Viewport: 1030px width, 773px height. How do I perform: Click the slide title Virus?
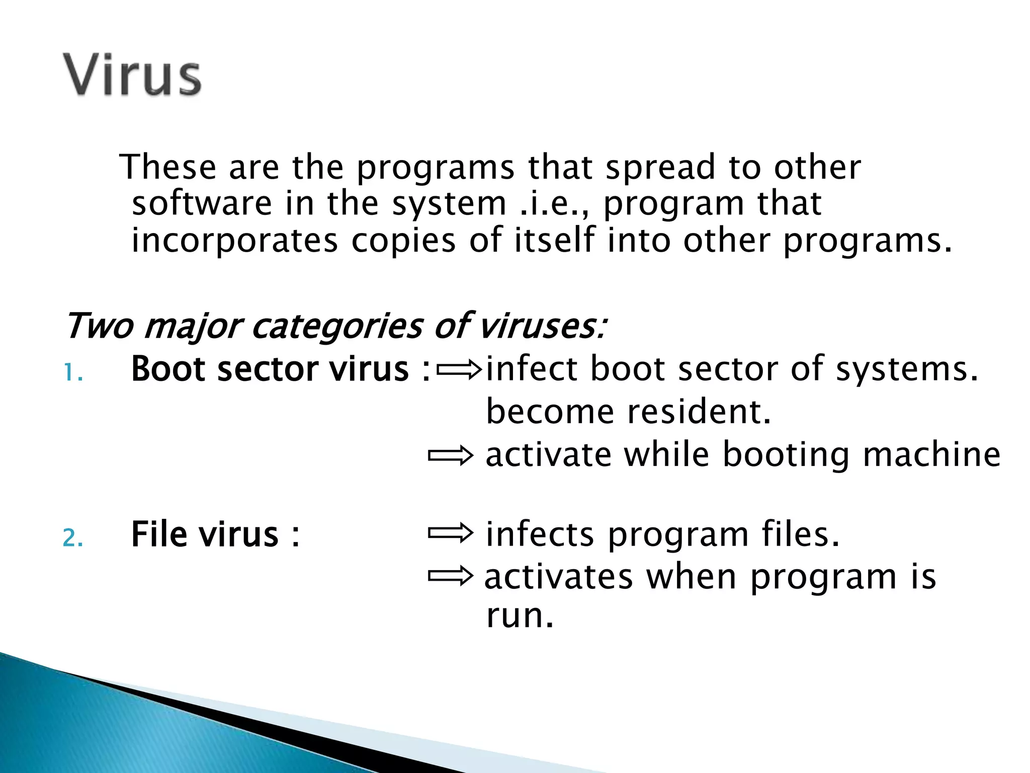132,75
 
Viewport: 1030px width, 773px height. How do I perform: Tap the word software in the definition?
202,203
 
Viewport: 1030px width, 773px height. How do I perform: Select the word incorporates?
234,240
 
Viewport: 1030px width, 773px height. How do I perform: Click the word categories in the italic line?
337,326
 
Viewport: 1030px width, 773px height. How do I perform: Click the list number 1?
72,373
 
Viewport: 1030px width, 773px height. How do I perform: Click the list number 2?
72,538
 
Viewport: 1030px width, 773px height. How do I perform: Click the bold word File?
160,534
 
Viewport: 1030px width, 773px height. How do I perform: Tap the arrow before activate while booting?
450,456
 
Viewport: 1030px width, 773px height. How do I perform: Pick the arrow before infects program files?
450,533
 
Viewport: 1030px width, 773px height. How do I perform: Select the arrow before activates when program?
450,576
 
